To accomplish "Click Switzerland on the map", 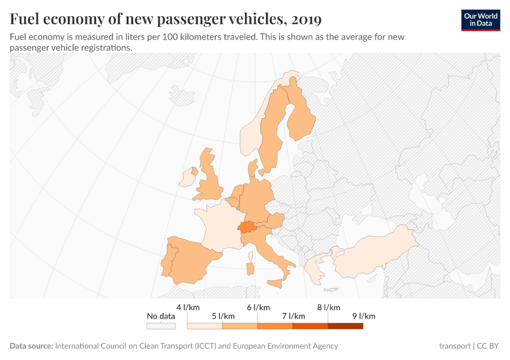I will tap(247, 227).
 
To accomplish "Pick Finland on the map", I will tap(300, 117).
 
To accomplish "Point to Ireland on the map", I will tap(188, 178).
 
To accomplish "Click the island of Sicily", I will tap(275, 283).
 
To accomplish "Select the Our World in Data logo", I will tap(480, 20).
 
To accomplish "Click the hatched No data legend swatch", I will tap(161, 326).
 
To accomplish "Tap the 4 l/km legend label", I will tap(188, 307).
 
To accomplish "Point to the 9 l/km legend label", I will tap(363, 316).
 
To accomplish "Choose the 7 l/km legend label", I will tap(293, 316).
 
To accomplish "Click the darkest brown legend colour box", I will tap(345, 326).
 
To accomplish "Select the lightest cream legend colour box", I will tap(205, 326).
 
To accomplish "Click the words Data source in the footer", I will tap(31, 346).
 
